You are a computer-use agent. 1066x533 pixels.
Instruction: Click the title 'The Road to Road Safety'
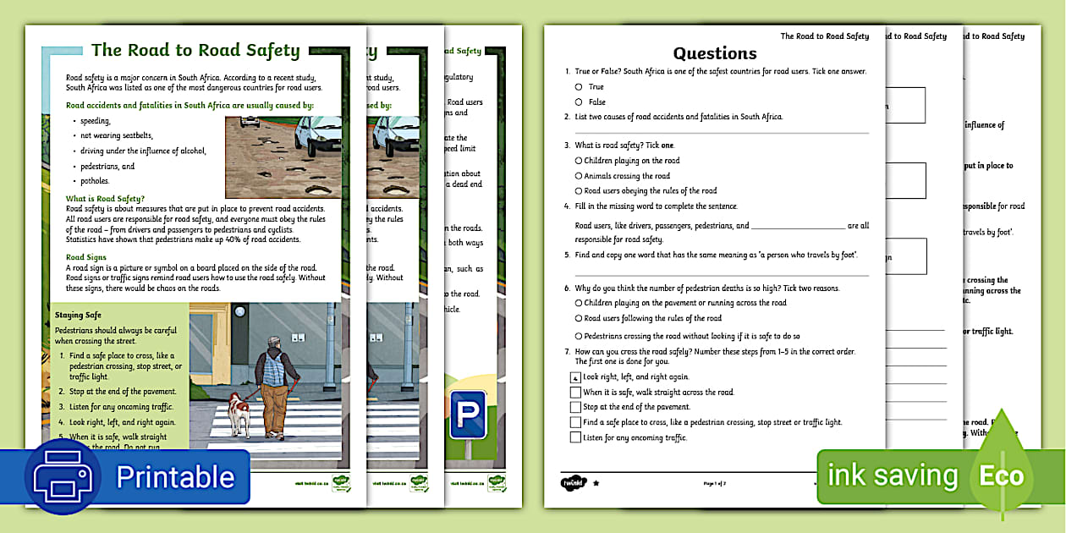coord(195,51)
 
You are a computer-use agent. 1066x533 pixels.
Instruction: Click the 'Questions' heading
coord(715,53)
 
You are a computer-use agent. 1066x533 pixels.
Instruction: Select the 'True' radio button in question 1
coord(579,86)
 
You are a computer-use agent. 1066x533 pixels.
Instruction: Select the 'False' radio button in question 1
coord(579,102)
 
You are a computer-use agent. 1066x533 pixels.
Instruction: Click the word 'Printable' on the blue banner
coord(175,477)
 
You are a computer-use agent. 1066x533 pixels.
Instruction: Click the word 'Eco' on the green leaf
coord(1002,476)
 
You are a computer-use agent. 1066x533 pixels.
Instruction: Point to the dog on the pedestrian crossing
coord(239,412)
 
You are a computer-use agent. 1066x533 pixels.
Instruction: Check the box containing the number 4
coord(575,377)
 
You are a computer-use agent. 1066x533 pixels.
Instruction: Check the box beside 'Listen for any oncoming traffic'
coord(575,437)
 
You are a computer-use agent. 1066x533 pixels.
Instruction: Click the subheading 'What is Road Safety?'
coord(105,198)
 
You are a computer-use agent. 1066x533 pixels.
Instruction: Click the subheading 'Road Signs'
coord(86,256)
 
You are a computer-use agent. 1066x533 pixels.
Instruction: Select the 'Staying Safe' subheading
coord(78,315)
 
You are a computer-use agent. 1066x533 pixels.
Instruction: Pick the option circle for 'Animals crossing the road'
coord(579,176)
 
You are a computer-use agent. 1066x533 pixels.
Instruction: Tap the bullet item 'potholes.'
coord(95,181)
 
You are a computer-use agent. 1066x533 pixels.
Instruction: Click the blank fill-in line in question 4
coord(798,227)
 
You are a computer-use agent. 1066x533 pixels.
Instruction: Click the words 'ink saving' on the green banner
coord(892,476)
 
